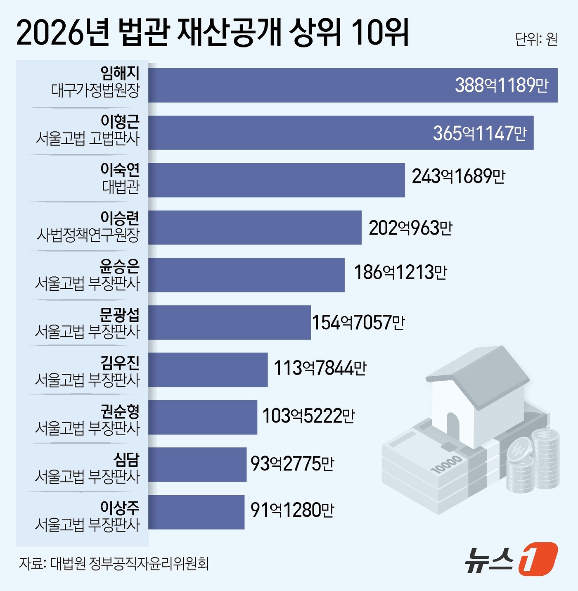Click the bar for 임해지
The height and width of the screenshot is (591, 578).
[x=353, y=85]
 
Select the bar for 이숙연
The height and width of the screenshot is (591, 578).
[x=277, y=180]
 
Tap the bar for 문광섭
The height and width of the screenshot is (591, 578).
[x=230, y=323]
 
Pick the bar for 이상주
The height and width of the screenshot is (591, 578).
[x=196, y=512]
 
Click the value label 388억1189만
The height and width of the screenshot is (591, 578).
[x=501, y=85]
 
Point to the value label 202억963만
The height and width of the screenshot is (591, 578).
[x=410, y=228]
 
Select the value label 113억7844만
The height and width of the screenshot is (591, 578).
[x=320, y=368]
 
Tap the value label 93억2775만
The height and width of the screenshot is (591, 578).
[x=292, y=464]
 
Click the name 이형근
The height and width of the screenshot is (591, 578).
[x=120, y=121]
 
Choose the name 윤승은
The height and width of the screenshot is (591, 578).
[x=120, y=266]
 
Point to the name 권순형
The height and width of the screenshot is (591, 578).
[x=120, y=411]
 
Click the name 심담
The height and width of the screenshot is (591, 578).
[x=127, y=459]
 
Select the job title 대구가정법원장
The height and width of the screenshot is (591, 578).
[x=96, y=90]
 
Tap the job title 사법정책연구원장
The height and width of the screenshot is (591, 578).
[x=88, y=235]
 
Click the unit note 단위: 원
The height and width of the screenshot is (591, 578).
[x=536, y=39]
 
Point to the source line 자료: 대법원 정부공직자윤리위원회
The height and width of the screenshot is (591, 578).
[x=114, y=563]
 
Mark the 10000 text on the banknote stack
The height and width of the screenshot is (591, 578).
[x=446, y=464]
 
